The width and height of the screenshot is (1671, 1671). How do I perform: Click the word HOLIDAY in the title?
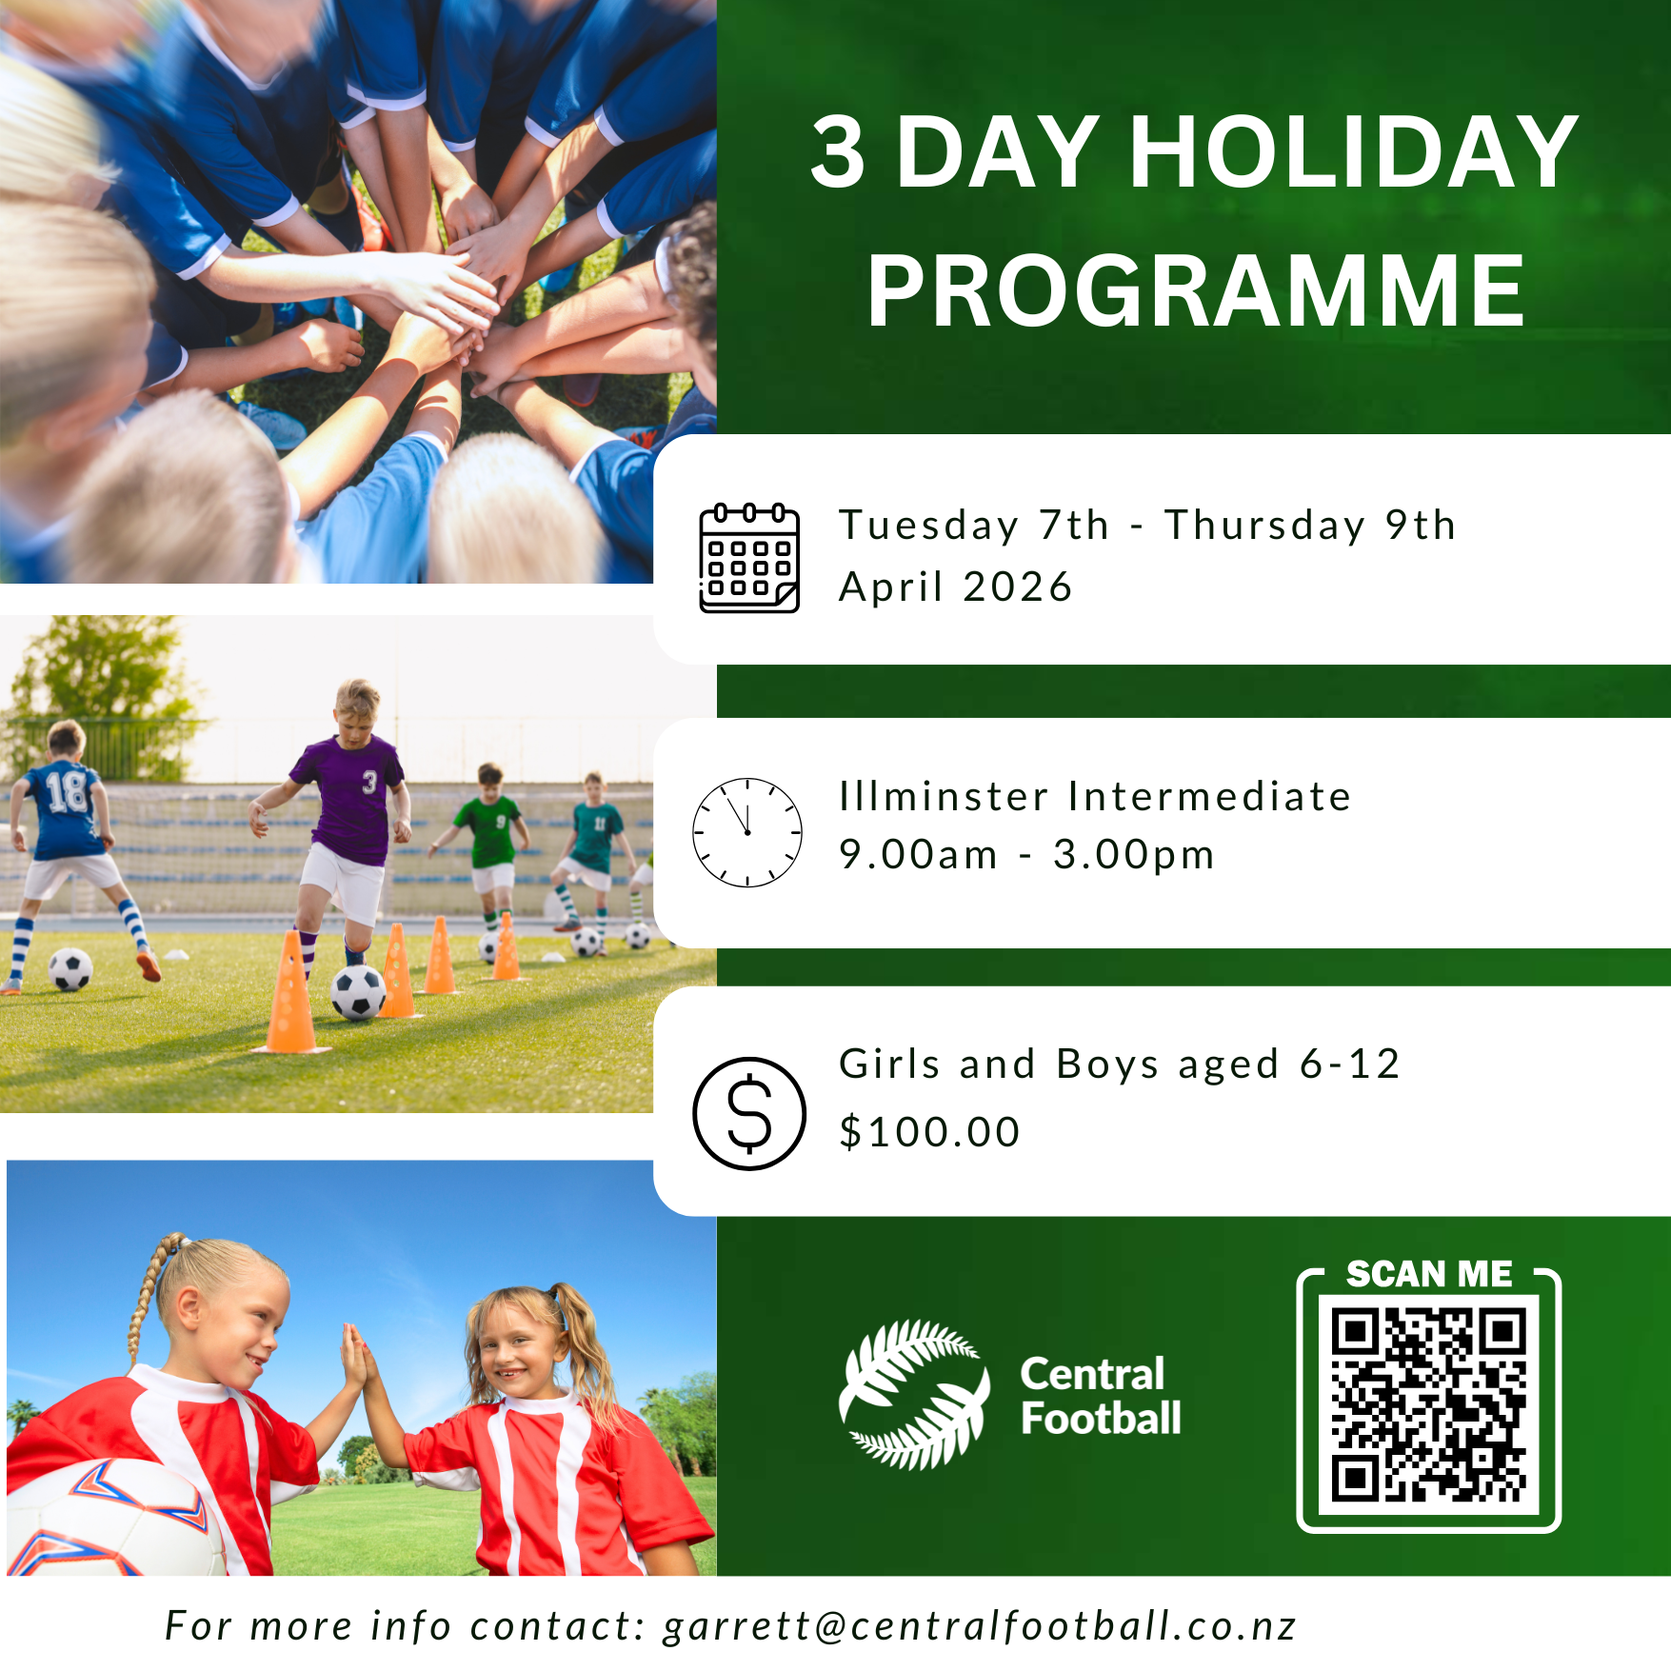[1353, 151]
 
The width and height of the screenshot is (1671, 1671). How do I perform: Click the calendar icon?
[749, 558]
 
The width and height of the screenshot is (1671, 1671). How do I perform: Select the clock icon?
[747, 832]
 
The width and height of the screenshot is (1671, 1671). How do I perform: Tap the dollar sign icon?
[749, 1113]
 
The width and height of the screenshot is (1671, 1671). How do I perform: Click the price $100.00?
[929, 1132]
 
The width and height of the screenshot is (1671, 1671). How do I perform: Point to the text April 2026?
[956, 587]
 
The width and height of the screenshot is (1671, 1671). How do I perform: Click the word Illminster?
[944, 796]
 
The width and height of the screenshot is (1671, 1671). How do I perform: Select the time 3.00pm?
[1133, 855]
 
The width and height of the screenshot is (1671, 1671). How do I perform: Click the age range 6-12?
[1350, 1064]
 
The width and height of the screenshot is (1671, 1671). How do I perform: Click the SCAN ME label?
[1429, 1273]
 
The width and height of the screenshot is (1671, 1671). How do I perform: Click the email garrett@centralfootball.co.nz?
[980, 1625]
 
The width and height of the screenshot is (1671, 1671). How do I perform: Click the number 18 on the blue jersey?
[67, 792]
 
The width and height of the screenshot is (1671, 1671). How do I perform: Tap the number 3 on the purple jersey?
[369, 782]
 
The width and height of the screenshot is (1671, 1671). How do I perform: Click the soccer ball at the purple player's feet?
[357, 993]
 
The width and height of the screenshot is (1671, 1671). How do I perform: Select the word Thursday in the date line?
[1265, 526]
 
